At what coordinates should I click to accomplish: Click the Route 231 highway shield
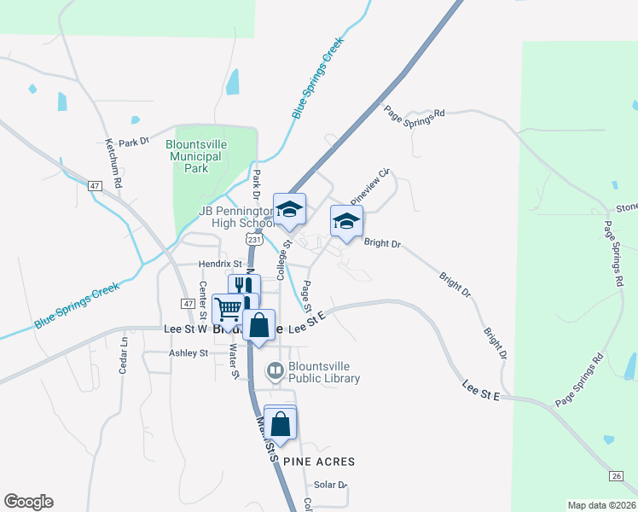[x=253, y=241]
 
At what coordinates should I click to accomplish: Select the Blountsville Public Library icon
[x=275, y=369]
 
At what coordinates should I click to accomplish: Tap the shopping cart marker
[x=228, y=309]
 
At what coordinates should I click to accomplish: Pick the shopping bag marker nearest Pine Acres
[x=280, y=422]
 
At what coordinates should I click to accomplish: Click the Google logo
[x=28, y=502]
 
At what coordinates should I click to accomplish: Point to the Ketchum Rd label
[x=113, y=163]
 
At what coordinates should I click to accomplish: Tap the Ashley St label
[x=188, y=352]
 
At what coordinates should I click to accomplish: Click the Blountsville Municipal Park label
[x=198, y=156]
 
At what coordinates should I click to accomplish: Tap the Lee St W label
[x=185, y=329]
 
